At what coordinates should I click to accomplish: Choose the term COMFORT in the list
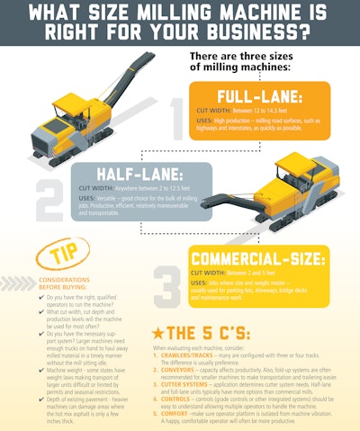[180, 416]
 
